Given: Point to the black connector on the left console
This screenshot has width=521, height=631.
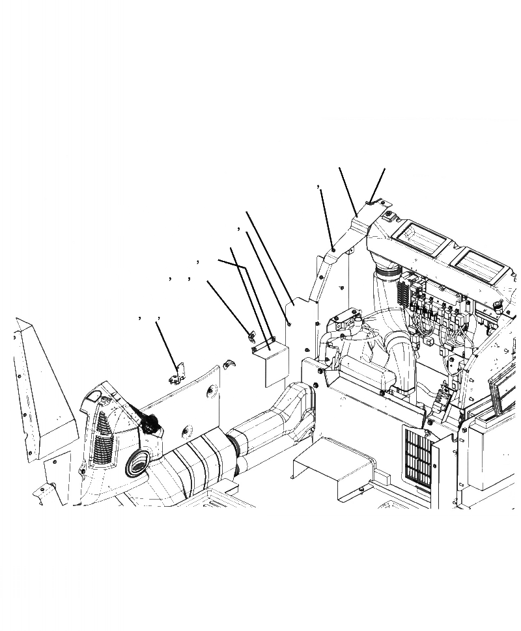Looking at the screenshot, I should point(151,423).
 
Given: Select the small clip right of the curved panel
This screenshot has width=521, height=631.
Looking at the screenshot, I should point(227,363).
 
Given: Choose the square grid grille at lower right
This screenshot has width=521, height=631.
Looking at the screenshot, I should point(418,459).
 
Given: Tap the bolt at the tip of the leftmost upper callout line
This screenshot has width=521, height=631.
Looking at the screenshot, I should point(333,249).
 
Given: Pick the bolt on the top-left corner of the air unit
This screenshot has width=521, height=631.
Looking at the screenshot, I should point(387,215).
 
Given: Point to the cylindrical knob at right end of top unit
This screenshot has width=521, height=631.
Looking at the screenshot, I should point(498,306).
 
